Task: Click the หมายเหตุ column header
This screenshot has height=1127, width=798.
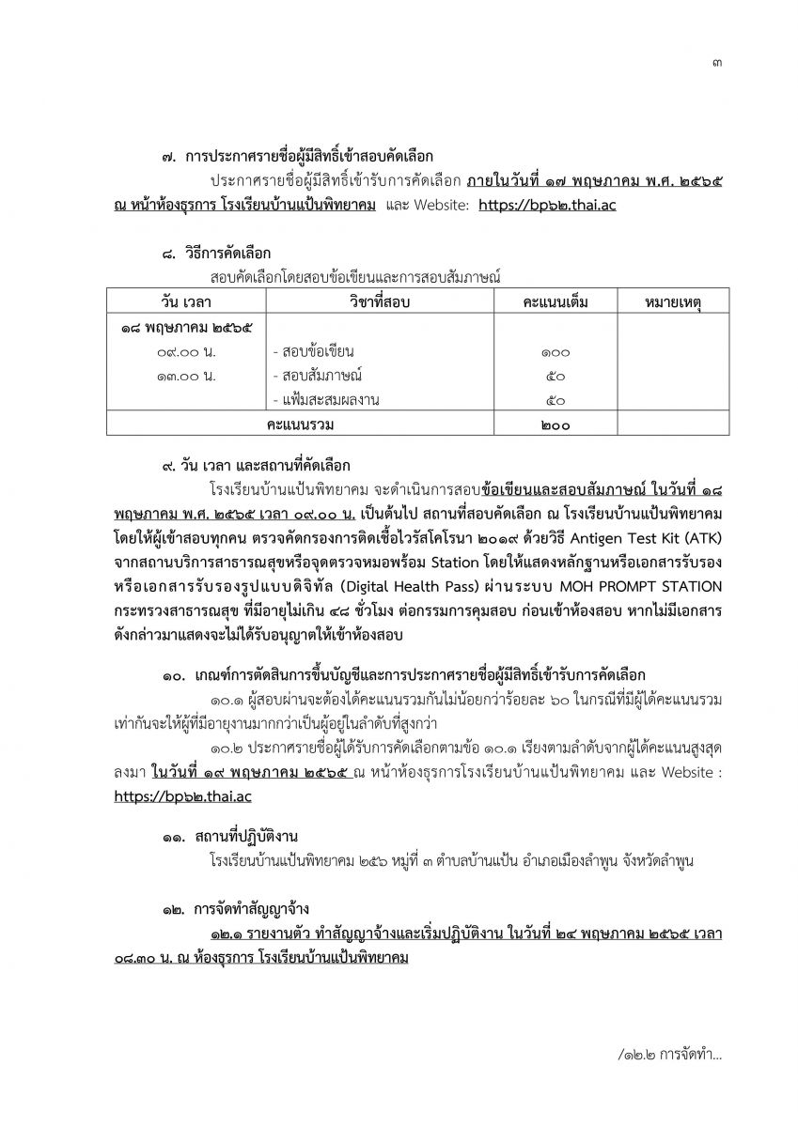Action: [x=675, y=301]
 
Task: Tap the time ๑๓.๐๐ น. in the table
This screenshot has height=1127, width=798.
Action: [x=185, y=377]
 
